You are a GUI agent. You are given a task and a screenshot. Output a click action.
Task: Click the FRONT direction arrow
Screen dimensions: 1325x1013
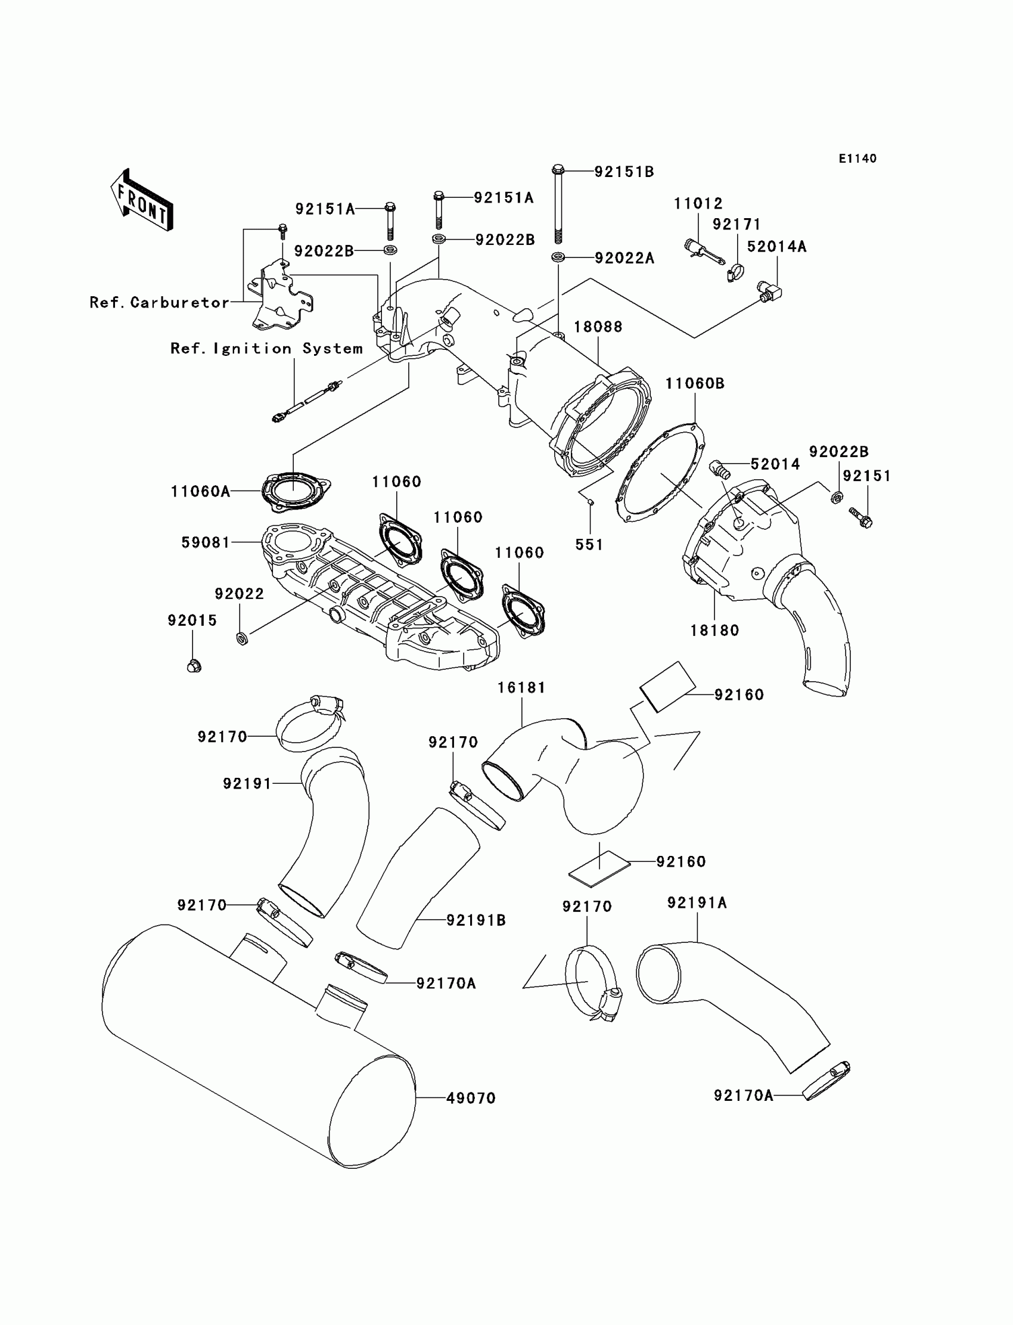pyautogui.click(x=142, y=201)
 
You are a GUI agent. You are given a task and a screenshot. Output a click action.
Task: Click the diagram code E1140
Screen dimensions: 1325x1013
pyautogui.click(x=857, y=159)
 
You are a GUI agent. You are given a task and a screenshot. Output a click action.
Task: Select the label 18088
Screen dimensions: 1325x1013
pyautogui.click(x=598, y=327)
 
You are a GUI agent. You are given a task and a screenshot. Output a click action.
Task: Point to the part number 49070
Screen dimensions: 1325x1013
pyautogui.click(x=471, y=1099)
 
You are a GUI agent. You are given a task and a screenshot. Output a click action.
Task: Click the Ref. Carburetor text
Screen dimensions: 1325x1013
pyautogui.click(x=159, y=302)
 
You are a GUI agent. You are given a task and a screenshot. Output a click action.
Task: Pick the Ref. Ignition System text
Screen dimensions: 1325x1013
pyautogui.click(x=266, y=349)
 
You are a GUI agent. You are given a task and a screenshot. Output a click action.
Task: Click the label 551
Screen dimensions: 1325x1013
pyautogui.click(x=589, y=545)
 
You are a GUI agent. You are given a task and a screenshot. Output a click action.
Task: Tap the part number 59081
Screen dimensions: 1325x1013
pyautogui.click(x=206, y=543)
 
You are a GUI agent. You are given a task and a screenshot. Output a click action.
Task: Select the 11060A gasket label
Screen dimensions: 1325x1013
pyautogui.click(x=200, y=492)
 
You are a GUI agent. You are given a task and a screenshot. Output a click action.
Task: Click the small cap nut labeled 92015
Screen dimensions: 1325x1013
pyautogui.click(x=194, y=666)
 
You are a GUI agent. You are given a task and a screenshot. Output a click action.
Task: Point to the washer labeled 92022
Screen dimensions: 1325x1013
pyautogui.click(x=242, y=638)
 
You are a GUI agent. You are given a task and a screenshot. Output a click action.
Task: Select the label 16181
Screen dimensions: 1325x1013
pyautogui.click(x=521, y=687)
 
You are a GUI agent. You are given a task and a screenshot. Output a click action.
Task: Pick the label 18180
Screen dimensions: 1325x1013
pyautogui.click(x=714, y=631)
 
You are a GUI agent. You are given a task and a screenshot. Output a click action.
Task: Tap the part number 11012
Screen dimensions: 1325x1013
pyautogui.click(x=698, y=204)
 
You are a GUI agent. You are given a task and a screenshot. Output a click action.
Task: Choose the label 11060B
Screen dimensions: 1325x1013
pyautogui.click(x=695, y=384)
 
